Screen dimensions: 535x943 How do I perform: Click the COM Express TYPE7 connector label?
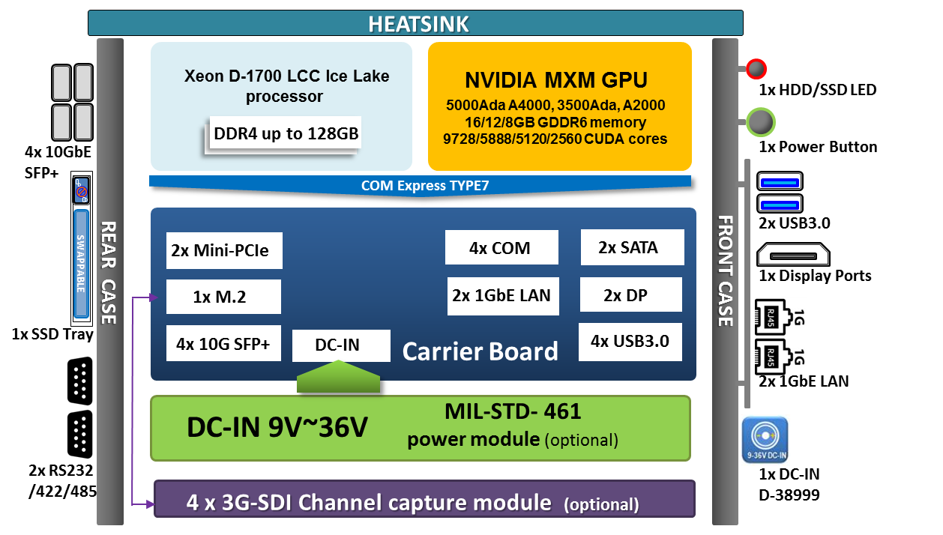424,185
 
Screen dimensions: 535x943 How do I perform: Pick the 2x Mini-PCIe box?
224,250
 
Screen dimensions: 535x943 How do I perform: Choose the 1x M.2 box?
223,297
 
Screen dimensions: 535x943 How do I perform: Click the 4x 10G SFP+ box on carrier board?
223,344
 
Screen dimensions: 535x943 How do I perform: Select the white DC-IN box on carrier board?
341,345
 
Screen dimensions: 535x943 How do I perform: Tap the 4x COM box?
501,248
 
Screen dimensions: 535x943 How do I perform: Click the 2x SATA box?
632,247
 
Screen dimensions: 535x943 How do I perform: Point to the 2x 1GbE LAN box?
501,295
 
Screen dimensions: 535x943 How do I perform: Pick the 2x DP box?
630,295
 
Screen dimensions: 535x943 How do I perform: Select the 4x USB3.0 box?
630,341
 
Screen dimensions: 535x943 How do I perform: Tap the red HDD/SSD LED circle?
756,70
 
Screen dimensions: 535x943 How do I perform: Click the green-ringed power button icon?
760,123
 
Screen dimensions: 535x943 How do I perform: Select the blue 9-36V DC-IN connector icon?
765,440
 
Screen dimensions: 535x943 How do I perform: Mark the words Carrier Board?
480,351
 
